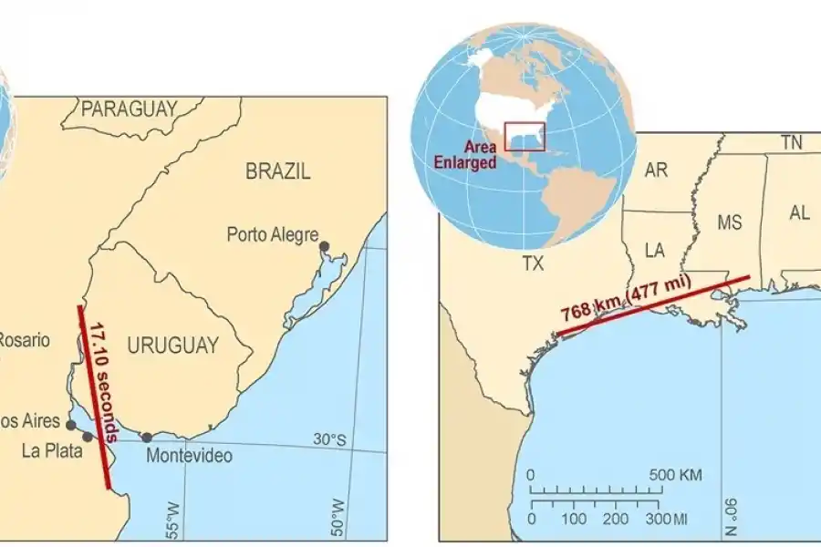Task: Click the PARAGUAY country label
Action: click(129, 109)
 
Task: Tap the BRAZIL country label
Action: click(278, 170)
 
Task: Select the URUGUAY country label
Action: click(173, 346)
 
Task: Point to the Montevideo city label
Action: click(189, 456)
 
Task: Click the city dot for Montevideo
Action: click(147, 438)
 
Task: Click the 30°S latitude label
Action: click(331, 440)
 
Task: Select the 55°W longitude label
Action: click(173, 519)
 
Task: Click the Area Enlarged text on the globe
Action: click(480, 155)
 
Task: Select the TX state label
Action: click(533, 263)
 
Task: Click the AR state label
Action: click(656, 170)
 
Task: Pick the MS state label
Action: click(730, 222)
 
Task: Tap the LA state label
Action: click(655, 250)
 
